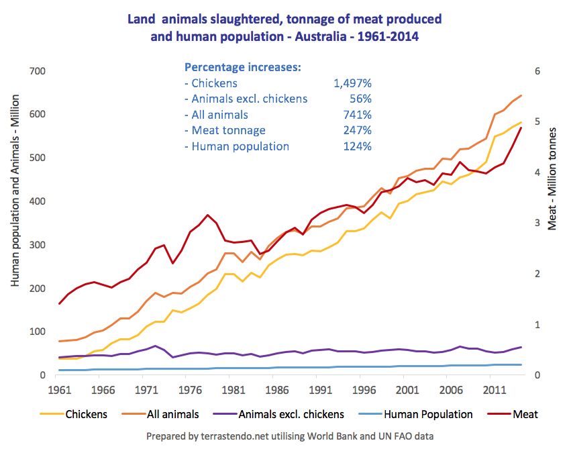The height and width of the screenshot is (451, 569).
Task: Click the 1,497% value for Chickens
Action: pyautogui.click(x=352, y=84)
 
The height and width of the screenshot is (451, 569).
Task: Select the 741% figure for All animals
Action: pyautogui.click(x=357, y=115)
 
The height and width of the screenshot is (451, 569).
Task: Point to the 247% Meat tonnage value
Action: pyautogui.click(x=357, y=130)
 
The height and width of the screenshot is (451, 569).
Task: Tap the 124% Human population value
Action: pyautogui.click(x=357, y=146)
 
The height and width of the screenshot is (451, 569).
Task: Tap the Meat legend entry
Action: pyautogui.click(x=526, y=414)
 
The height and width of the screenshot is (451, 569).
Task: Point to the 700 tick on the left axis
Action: pyautogui.click(x=36, y=71)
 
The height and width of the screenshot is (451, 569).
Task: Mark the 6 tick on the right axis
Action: pyautogui.click(x=537, y=71)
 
